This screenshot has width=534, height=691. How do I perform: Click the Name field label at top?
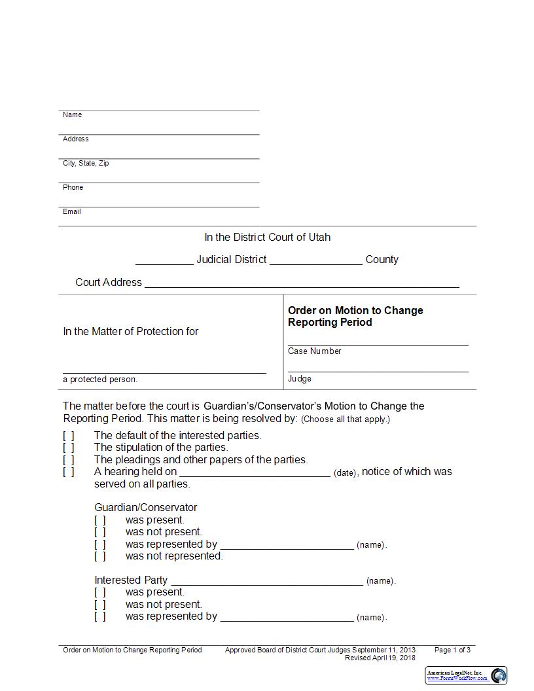tap(72, 115)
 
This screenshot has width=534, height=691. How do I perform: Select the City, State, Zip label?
tap(86, 164)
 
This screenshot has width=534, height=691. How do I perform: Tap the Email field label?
tap(72, 212)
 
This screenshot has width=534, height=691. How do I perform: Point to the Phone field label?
tap(73, 188)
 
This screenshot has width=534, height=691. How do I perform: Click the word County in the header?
tap(382, 260)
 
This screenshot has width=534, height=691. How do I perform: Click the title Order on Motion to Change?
tap(355, 311)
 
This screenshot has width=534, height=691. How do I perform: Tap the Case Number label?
tap(315, 351)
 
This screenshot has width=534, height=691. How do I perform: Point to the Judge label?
tap(300, 379)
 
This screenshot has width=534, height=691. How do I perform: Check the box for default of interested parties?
tap(69, 436)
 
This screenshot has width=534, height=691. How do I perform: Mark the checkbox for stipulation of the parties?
tap(69, 448)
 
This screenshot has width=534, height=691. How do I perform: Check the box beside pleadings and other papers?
tap(69, 460)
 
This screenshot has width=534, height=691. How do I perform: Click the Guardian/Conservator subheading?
tap(145, 508)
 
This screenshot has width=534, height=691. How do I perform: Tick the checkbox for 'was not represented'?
tap(100, 556)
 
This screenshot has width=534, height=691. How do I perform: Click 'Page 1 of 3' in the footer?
tap(452, 650)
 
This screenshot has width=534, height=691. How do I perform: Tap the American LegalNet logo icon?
tap(499, 675)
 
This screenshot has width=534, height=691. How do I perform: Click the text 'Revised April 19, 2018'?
tap(380, 658)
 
